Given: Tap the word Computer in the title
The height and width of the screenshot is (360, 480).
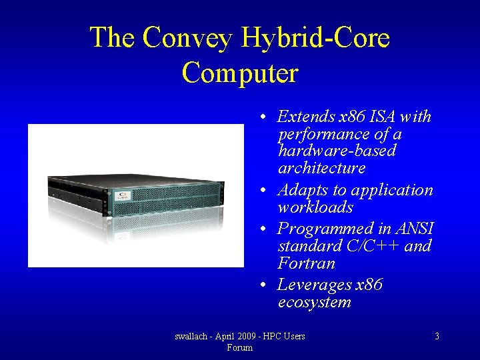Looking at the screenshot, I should click(x=239, y=72).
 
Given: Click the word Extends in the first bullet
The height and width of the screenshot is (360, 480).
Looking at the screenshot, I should click(x=306, y=117).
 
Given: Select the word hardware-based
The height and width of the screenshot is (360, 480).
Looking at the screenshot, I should click(x=337, y=151).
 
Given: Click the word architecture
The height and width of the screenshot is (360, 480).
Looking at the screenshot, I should click(x=321, y=168).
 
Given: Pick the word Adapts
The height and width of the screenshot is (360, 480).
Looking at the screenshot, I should click(x=301, y=190).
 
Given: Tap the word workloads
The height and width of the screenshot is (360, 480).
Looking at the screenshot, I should click(x=315, y=207).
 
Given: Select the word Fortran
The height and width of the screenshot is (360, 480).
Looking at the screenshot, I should click(x=306, y=263).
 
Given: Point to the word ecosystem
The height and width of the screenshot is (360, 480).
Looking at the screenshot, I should click(x=314, y=302).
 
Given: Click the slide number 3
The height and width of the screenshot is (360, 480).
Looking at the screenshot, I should click(x=437, y=337).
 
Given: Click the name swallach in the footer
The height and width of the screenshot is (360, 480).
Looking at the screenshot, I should click(x=192, y=337).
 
